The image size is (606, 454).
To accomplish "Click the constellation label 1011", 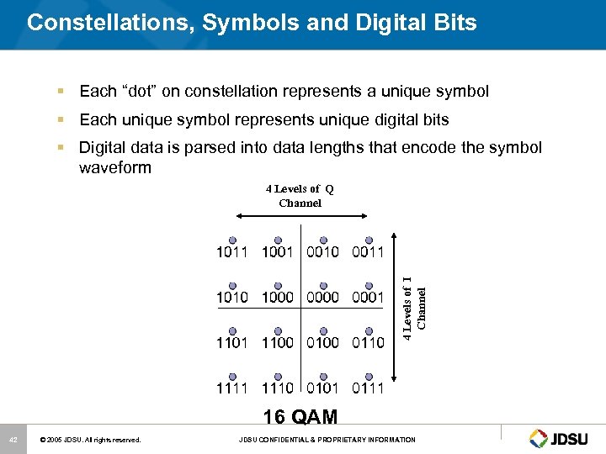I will (x=232, y=251).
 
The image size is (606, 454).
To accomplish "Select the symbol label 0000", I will (x=322, y=297).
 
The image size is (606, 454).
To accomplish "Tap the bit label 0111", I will (x=368, y=388).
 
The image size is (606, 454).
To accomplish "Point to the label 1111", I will (x=232, y=388).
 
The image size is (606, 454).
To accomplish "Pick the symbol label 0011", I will (x=368, y=251).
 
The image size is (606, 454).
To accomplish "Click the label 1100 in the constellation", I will (x=278, y=342).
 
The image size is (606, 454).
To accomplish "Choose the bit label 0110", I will (x=368, y=342).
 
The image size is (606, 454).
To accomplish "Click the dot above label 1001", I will (x=278, y=240).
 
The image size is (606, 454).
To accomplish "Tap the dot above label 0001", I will (x=368, y=285).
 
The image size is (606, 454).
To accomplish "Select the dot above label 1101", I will (x=232, y=330).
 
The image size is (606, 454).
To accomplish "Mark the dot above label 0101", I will (x=322, y=376).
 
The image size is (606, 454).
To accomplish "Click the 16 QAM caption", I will (x=300, y=417).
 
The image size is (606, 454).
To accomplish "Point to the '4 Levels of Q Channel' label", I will (x=300, y=196).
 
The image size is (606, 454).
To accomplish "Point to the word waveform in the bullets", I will (x=114, y=167).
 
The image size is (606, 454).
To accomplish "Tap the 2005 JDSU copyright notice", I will (x=93, y=440).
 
